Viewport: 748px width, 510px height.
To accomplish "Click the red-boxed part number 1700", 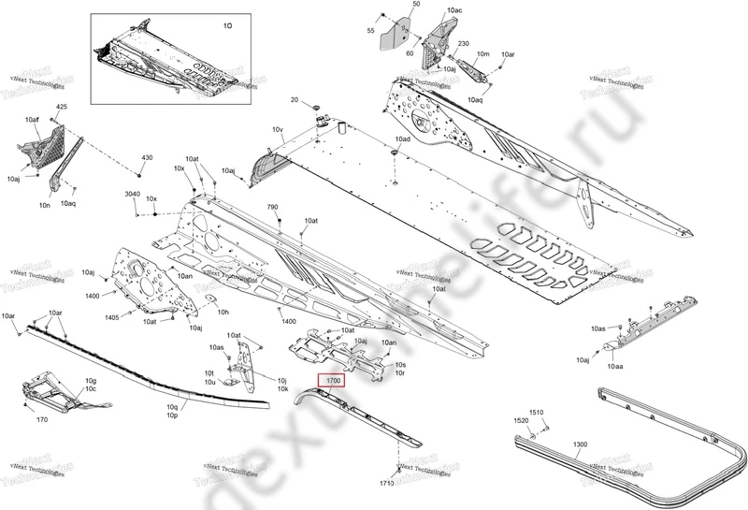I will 333,382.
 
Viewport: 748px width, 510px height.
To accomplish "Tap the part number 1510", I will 537,413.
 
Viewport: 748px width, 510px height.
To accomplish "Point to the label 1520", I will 522,423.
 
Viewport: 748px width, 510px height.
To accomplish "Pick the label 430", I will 147,158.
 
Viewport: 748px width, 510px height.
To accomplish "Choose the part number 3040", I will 133,194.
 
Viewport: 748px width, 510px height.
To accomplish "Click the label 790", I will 273,207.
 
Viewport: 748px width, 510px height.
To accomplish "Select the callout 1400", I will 92,296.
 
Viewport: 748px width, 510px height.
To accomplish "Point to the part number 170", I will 41,421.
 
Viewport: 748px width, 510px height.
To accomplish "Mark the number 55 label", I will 370,32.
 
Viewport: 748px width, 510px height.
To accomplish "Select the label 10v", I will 277,129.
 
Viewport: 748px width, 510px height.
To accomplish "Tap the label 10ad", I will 402,139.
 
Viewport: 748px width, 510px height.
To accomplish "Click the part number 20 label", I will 295,100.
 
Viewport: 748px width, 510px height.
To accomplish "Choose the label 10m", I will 482,56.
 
